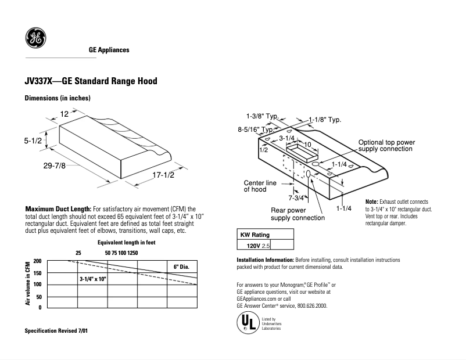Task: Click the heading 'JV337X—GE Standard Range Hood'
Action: point(91,81)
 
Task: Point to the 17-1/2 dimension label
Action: point(163,175)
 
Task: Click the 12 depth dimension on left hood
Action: point(65,114)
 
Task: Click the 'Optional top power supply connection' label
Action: point(386,146)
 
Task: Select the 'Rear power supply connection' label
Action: point(297,214)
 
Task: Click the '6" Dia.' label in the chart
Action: point(182,267)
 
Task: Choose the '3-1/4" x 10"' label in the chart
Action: point(92,279)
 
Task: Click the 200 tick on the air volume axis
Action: point(38,261)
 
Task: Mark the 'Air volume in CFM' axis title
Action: point(27,283)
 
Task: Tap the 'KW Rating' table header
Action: point(256,235)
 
